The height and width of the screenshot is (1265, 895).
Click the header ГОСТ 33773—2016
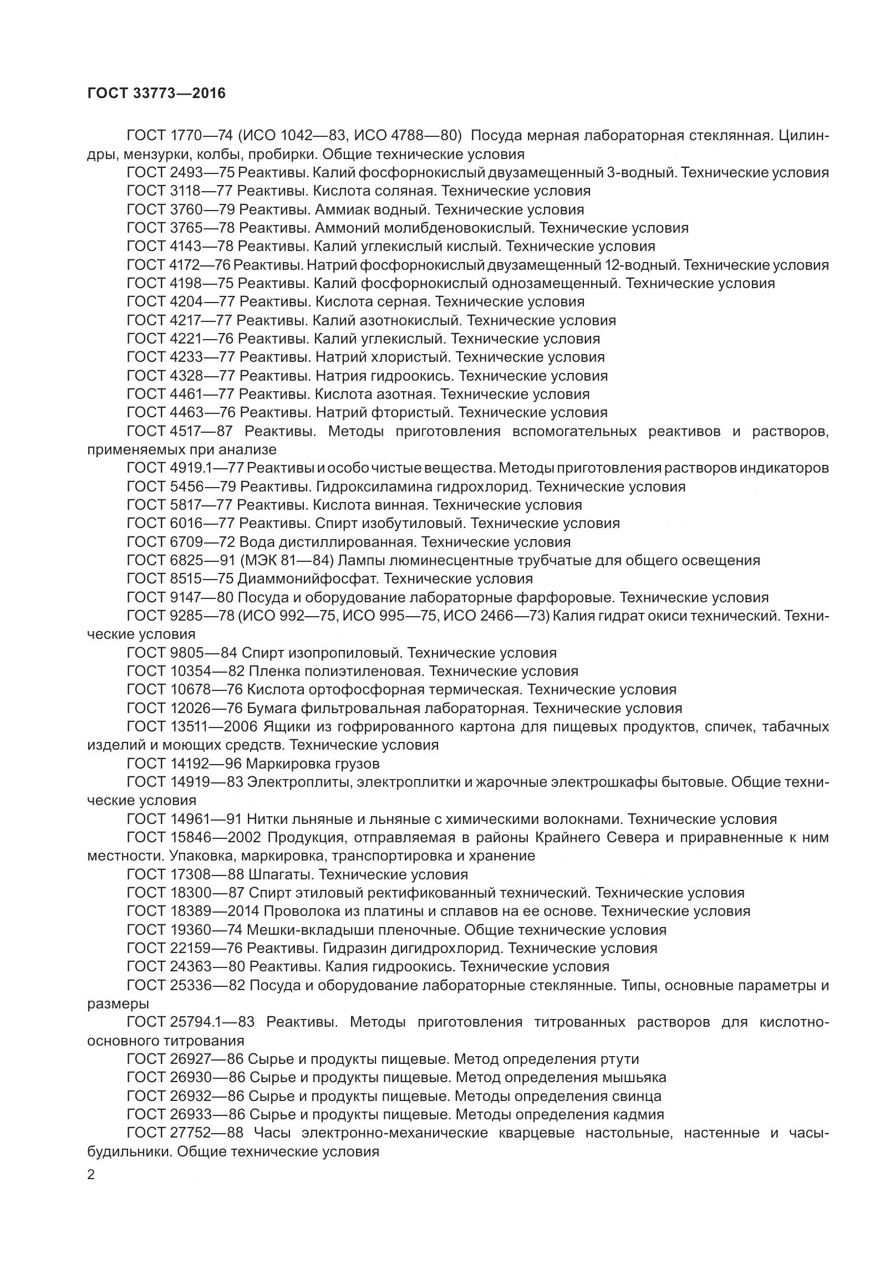click(x=156, y=93)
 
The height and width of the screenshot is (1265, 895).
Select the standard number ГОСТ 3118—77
click(x=179, y=191)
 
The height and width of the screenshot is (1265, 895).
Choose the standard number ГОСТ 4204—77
click(x=180, y=302)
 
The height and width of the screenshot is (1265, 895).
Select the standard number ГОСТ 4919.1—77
click(x=185, y=468)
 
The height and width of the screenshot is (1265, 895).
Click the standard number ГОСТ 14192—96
click(x=184, y=764)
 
